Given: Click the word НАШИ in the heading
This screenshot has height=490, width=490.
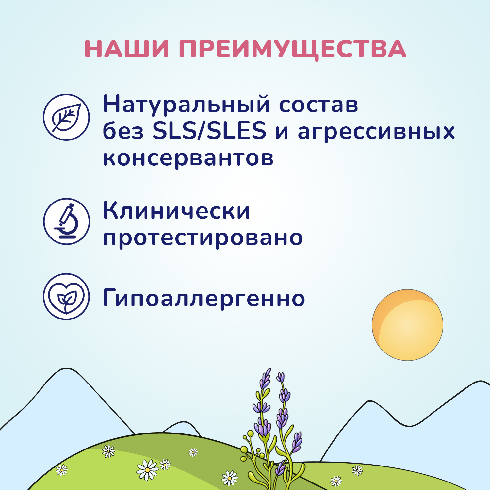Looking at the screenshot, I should (127, 49).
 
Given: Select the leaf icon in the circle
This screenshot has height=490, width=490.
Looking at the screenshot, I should (66, 117).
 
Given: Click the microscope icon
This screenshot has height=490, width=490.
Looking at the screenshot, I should (66, 221).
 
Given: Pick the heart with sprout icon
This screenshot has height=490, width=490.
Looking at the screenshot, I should (66, 297).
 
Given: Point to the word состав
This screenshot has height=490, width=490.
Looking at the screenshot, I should (318, 105).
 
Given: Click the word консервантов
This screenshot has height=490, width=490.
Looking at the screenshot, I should (188, 158).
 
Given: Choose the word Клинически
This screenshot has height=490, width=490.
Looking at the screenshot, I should (176, 211).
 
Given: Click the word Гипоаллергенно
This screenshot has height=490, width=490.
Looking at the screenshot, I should (204, 298).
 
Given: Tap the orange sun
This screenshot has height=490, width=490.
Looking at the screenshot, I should (407, 325).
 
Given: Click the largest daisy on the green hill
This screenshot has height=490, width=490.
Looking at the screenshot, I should (147, 470).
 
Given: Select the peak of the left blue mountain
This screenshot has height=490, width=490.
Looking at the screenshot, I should (66, 369).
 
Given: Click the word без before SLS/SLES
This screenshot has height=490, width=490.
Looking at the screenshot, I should (123, 131).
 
